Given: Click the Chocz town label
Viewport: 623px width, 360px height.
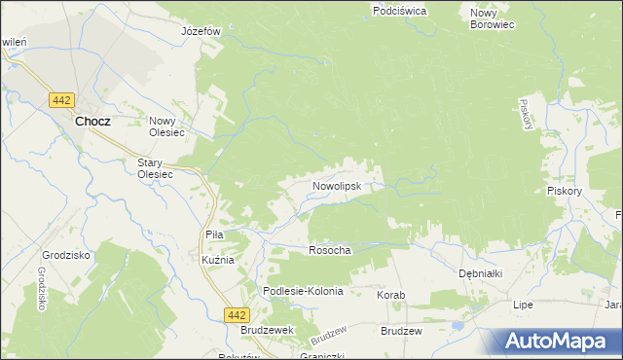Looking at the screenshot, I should tap(92, 122).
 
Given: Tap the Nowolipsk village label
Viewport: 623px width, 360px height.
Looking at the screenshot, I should tap(337, 185).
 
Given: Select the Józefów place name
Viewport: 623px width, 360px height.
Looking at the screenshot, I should tap(202, 31).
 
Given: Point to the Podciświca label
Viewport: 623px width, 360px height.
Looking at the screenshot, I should tap(399, 11).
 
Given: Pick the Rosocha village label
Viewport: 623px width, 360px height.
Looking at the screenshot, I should tap(329, 250).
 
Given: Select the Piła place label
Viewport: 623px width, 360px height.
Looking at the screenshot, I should tap(214, 234).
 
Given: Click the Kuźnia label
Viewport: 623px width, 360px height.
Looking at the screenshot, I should tap(217, 262).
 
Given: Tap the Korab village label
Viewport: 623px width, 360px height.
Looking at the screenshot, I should tap(390, 294).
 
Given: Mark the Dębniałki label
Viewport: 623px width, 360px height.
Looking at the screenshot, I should tap(480, 273).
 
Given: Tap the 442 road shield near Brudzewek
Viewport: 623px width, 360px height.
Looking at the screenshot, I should tap(235, 314).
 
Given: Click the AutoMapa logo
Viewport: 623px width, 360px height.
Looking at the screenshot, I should tap(556, 342).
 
